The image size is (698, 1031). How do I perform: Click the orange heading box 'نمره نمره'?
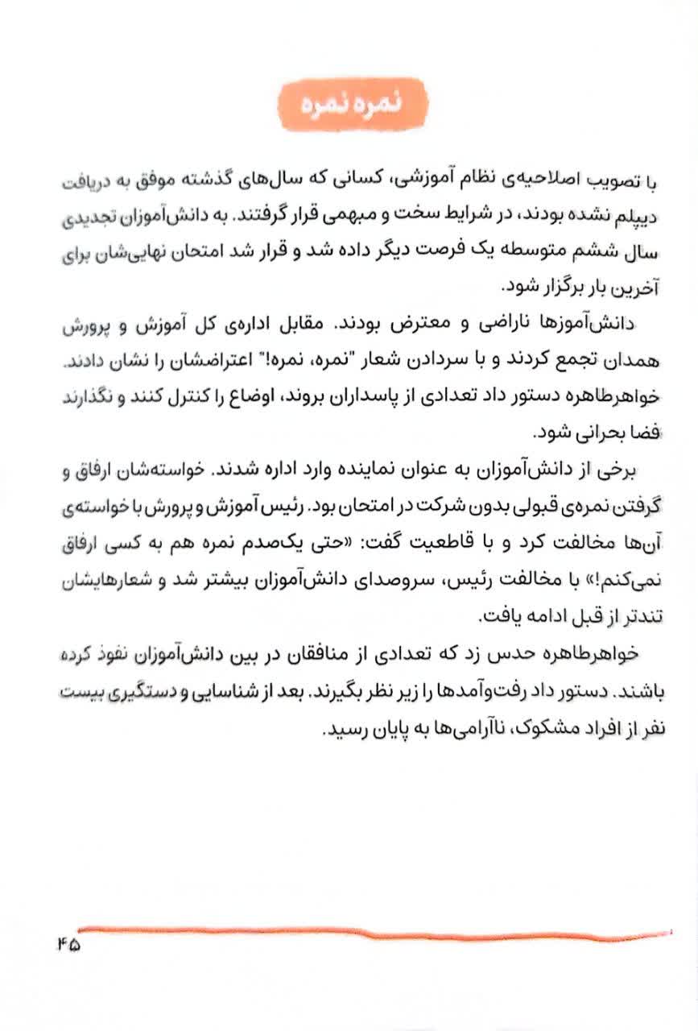(x=351, y=106)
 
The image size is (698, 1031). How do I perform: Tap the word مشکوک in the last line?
(x=539, y=727)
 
